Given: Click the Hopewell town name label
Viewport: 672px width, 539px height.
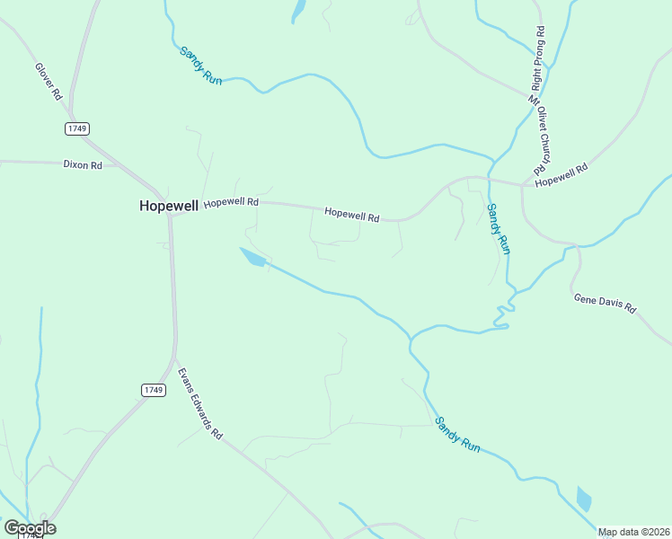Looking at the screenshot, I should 168,206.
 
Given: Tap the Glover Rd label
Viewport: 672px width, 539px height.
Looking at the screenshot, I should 49,81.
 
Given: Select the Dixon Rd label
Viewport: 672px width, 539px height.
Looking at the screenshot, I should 83,165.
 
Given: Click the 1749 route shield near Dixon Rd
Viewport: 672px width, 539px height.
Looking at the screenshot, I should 77,128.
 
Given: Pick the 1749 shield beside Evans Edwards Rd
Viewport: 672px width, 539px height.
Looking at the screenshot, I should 153,389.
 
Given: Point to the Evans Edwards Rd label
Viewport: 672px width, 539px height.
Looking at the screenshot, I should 199,402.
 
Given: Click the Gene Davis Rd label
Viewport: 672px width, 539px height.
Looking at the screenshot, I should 605,303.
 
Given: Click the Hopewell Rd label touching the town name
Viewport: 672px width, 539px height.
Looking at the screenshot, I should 231,203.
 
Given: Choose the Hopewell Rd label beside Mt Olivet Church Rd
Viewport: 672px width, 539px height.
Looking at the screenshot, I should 561,175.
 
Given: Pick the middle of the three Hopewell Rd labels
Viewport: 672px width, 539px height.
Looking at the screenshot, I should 352,216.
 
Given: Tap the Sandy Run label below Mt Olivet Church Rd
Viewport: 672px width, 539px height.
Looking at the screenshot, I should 498,229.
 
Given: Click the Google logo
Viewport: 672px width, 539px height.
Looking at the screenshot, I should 30,528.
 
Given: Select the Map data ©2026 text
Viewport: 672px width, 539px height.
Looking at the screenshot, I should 633,532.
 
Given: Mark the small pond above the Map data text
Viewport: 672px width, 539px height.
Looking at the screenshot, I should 584,499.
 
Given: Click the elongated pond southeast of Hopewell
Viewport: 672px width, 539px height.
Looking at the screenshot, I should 252,257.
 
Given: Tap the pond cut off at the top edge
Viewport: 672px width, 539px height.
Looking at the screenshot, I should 298,10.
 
